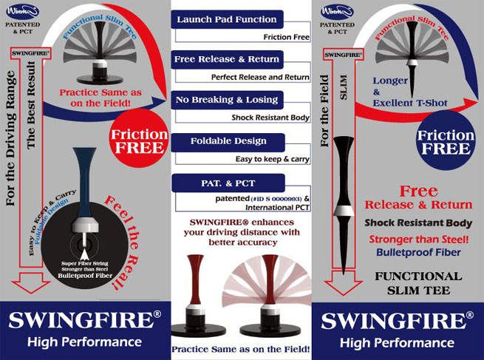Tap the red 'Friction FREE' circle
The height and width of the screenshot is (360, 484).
(x=139, y=139)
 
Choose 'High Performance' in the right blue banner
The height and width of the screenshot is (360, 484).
(x=399, y=342)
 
